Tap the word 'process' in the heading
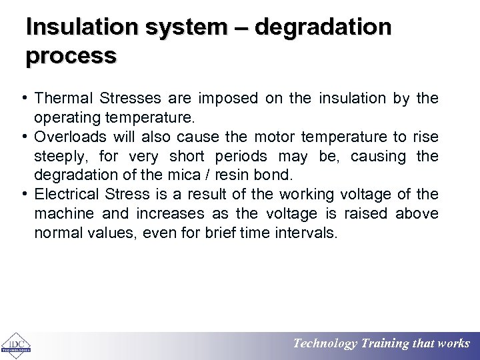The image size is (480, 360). coord(71,55)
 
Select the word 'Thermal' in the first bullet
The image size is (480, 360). coord(63,99)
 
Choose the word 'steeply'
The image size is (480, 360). coord(60,157)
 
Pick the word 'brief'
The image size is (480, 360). coord(223,233)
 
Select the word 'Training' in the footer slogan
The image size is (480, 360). coord(385,344)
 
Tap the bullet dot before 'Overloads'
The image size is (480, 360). coord(24,137)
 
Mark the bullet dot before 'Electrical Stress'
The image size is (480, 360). coord(24,194)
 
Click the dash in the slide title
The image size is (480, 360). coord(239,28)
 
